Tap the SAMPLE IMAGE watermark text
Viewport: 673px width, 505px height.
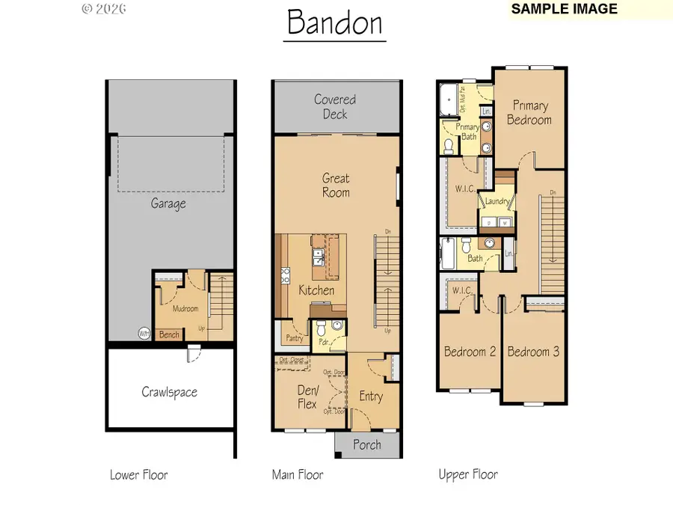[x=565, y=9]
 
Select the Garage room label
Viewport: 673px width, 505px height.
[x=168, y=203]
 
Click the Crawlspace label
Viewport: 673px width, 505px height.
[x=170, y=392]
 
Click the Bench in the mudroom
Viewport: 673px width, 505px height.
[x=169, y=334]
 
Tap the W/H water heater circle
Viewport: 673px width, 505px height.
[x=144, y=334]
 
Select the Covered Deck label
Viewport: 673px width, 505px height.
[x=335, y=107]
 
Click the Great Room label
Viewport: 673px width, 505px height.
[x=336, y=186]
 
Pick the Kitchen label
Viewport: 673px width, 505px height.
[x=316, y=290]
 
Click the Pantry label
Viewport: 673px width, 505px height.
[x=294, y=338]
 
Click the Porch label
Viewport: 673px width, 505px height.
[x=367, y=444]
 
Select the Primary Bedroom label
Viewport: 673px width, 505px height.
[x=529, y=113]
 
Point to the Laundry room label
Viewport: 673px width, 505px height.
[x=497, y=201]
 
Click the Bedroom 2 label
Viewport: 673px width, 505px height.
[x=470, y=352]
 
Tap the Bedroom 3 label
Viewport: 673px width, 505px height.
[x=533, y=352]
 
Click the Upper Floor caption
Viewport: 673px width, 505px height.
[x=467, y=474]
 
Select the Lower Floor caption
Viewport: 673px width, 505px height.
[x=138, y=474]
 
